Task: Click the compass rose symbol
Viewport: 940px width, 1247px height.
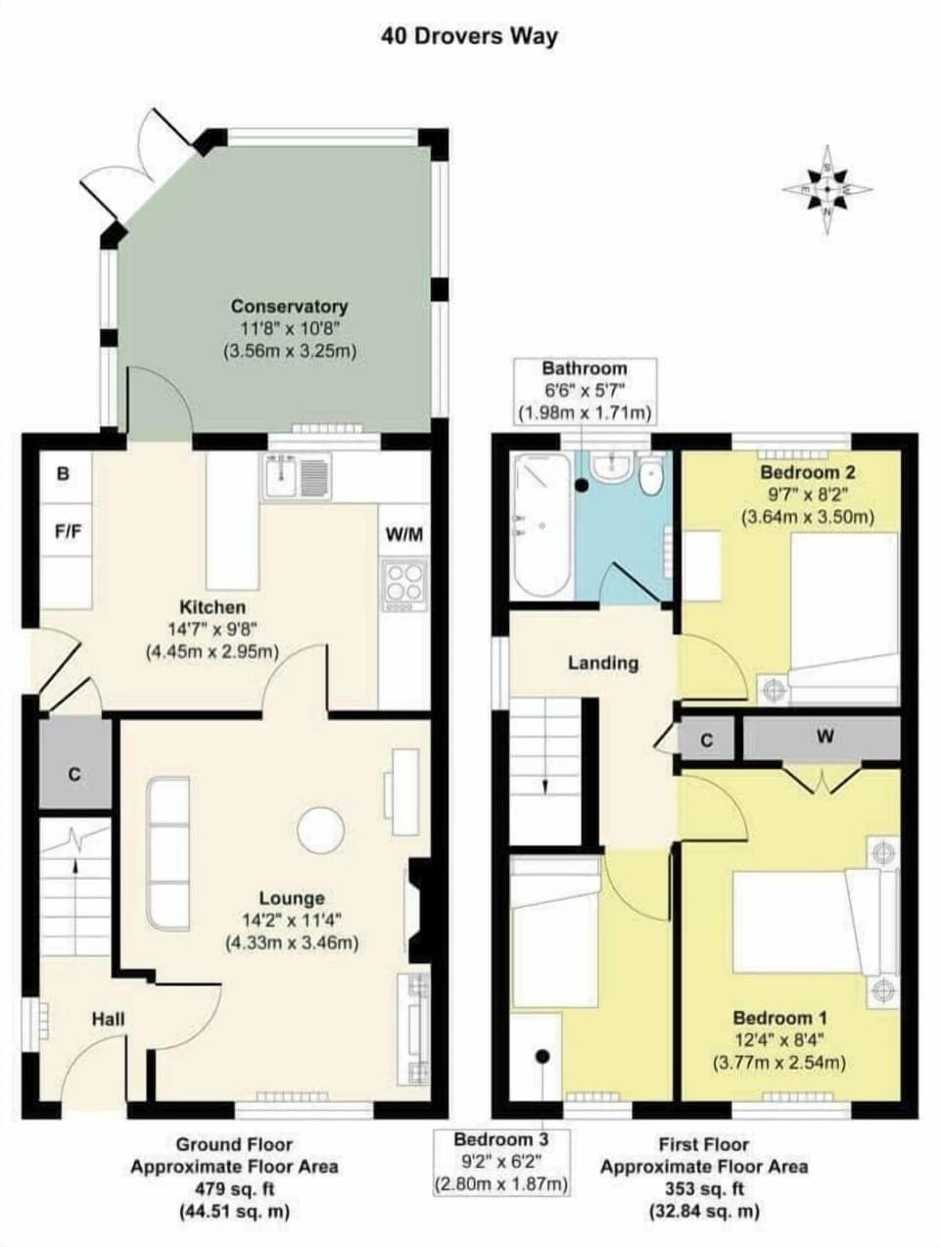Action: (828, 189)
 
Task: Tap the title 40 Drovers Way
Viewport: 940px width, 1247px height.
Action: (469, 36)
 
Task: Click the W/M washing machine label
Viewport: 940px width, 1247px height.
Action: (404, 534)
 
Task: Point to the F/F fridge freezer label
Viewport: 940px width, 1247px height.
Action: (67, 533)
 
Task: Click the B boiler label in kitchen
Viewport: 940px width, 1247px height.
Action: (64, 474)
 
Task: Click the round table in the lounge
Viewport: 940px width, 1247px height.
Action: (321, 830)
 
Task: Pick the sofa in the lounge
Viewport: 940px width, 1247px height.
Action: (168, 853)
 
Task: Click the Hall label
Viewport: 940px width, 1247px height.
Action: (108, 1019)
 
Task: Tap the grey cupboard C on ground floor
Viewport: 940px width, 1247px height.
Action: (74, 774)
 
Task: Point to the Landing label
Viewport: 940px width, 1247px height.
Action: (603, 663)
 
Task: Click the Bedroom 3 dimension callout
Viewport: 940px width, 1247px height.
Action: (500, 1162)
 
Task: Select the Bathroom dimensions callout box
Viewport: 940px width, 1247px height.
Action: (585, 390)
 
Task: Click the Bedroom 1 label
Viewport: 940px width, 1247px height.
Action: (773, 1017)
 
